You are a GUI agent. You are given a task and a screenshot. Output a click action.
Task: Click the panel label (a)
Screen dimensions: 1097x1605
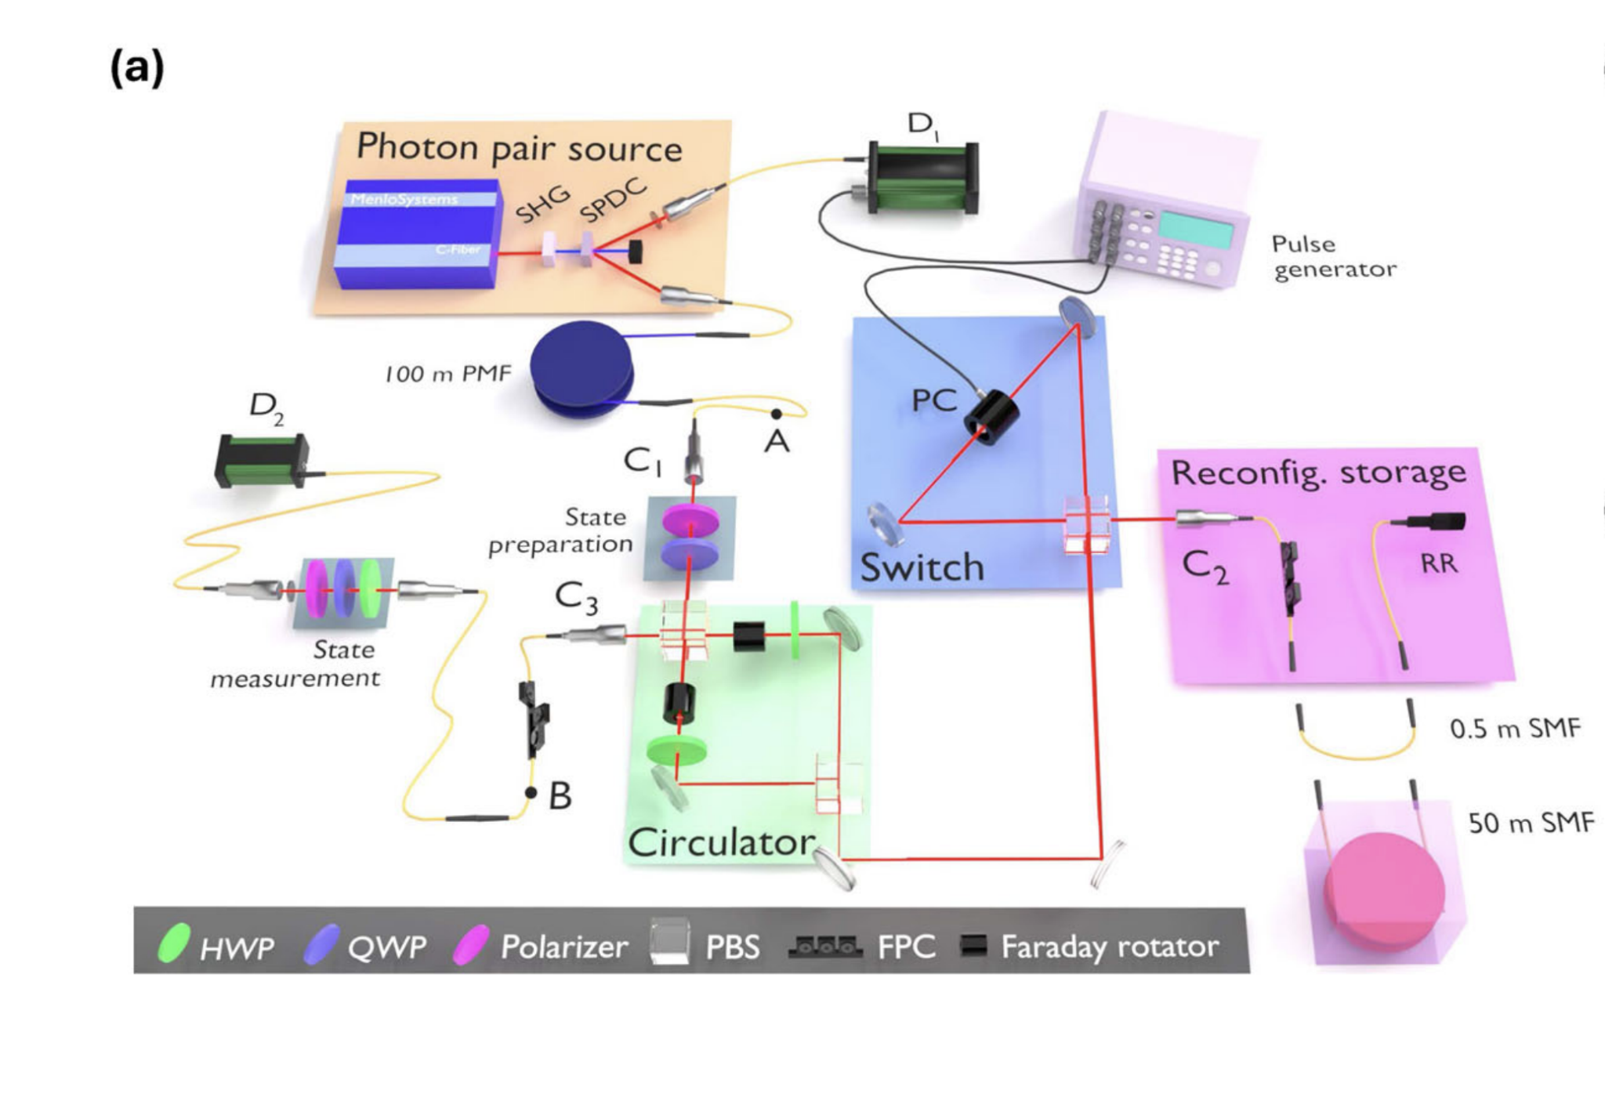136,68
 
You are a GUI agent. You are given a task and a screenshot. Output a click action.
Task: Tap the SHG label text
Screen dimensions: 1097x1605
542,205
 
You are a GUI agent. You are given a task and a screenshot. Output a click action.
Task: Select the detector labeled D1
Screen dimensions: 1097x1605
923,179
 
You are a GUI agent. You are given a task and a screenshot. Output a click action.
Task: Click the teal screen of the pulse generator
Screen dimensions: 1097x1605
1196,230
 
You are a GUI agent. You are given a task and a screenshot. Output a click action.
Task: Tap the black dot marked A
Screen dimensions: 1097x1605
776,414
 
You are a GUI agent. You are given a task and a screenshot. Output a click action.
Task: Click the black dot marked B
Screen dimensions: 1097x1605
531,792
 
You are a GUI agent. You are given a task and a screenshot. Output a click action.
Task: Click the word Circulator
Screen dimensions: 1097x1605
721,842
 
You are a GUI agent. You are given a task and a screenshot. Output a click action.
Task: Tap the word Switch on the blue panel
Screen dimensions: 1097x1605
922,567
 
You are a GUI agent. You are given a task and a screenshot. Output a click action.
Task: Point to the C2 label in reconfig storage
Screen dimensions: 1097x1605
1205,567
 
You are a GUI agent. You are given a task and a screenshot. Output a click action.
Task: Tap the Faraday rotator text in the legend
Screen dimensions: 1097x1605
1109,947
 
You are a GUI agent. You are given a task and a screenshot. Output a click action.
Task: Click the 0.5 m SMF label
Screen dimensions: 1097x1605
1514,729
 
